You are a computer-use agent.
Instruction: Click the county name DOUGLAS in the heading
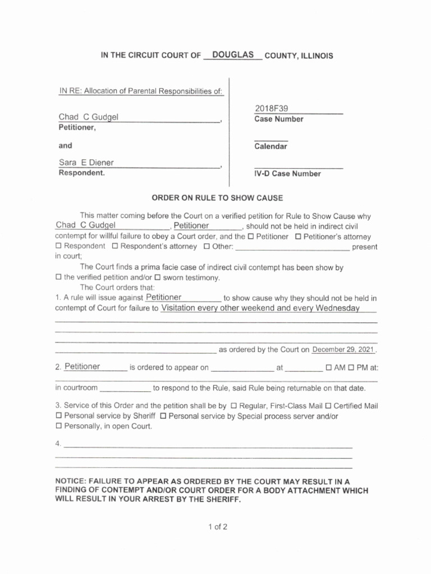(x=232, y=55)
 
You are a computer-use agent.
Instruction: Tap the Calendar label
(x=270, y=146)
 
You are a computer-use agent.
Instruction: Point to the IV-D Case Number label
(x=287, y=174)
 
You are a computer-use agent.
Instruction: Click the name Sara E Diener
(x=86, y=163)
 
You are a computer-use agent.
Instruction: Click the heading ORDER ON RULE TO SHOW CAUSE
(x=218, y=198)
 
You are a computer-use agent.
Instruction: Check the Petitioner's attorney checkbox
(x=299, y=237)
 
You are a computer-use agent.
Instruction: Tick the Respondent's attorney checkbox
(x=115, y=246)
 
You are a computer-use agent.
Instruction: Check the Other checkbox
(x=207, y=246)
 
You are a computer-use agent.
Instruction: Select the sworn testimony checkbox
(x=158, y=277)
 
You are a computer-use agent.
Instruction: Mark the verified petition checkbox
(x=58, y=277)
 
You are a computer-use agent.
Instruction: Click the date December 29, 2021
(x=342, y=350)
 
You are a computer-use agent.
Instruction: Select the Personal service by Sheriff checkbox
(x=58, y=416)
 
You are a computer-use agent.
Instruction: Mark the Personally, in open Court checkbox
(x=58, y=426)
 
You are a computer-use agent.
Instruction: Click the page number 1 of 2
(x=217, y=527)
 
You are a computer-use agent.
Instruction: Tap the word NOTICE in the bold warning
(x=71, y=482)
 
